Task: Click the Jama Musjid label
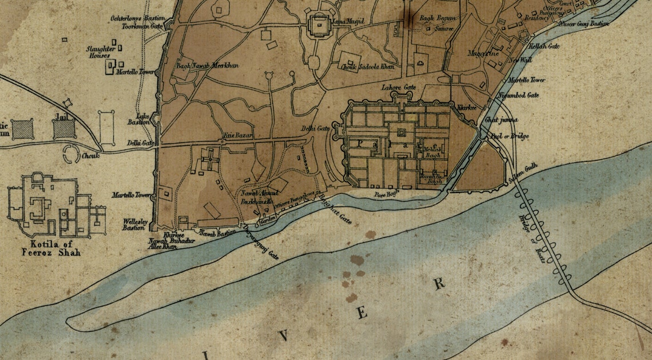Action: (349, 21)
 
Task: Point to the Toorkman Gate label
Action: (142, 26)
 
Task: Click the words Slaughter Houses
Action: (101, 52)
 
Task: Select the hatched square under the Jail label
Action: (64, 129)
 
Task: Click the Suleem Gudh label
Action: (524, 174)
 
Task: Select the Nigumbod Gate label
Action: (519, 95)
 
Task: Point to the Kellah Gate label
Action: (544, 46)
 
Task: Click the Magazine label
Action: (483, 53)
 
